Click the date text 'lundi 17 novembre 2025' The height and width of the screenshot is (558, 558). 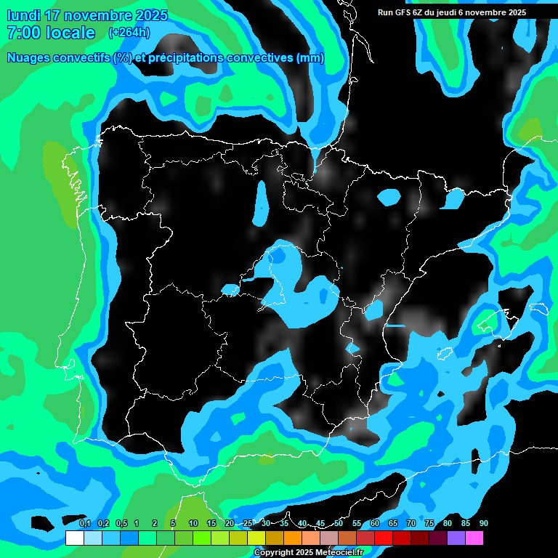pos(86,15)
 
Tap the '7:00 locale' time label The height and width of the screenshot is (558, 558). pos(50,33)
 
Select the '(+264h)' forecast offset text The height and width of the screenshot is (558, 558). pos(129,33)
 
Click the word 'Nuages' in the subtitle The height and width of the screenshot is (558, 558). pos(30,58)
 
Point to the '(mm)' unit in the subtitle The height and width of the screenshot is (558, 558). pos(309,58)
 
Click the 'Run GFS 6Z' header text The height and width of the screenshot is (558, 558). pos(402,12)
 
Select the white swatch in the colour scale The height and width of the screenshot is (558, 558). pos(74,538)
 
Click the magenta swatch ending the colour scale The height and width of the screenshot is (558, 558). pos(474,538)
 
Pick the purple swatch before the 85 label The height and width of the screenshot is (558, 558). pos(456,538)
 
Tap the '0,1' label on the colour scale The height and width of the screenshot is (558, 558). pos(84,524)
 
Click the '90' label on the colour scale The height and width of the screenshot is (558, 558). pos(484,524)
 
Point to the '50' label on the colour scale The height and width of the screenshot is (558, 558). pos(339,524)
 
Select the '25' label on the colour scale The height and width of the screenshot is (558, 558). pos(248,524)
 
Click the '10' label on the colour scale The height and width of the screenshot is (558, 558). pos(193,524)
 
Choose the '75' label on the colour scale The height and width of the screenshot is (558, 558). pos(429,524)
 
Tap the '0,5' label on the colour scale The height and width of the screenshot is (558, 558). pos(121,524)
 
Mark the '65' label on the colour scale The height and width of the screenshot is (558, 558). pos(393,524)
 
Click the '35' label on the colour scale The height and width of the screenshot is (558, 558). pos(284,524)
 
